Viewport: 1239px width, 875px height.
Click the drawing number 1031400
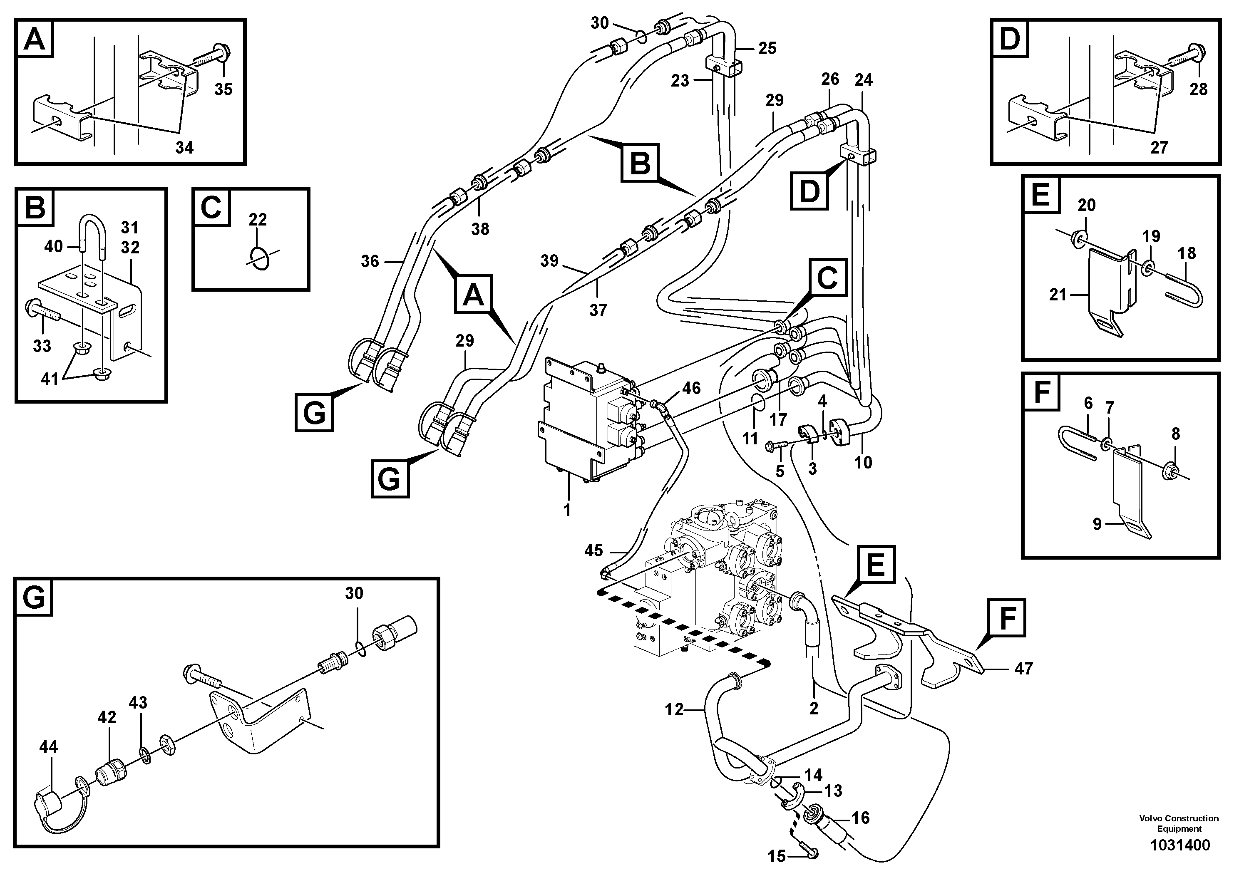click(1179, 845)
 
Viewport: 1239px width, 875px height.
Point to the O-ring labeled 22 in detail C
click(260, 258)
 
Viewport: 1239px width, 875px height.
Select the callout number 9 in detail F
click(1097, 524)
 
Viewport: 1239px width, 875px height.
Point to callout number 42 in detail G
click(107, 717)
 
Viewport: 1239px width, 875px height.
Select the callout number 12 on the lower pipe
click(674, 710)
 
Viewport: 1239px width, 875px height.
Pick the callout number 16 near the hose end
click(860, 818)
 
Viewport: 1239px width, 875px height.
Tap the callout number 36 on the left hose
click(370, 262)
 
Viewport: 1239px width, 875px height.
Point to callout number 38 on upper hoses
click(480, 229)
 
